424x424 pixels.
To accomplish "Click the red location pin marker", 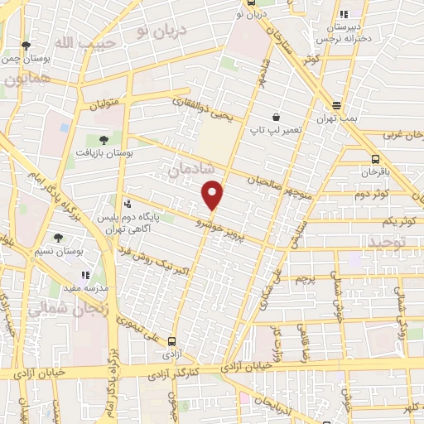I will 213,195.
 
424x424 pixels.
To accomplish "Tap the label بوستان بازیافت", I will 104,152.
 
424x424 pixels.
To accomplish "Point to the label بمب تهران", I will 335,118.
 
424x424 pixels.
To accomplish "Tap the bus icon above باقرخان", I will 375,159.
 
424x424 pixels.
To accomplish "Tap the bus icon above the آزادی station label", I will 171,341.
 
